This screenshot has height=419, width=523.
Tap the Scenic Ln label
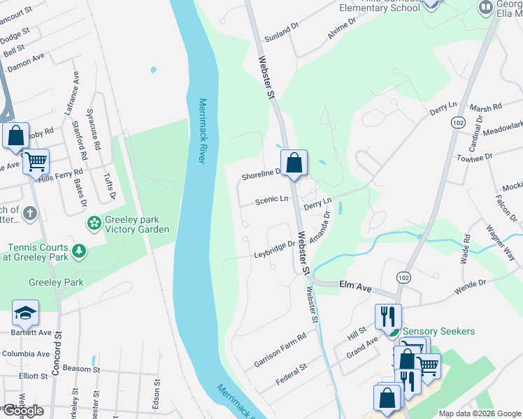(x=272, y=200)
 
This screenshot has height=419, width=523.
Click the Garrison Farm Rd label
(x=280, y=350)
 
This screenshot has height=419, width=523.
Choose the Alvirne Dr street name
(x=341, y=28)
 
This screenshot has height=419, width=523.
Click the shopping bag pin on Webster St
(x=294, y=163)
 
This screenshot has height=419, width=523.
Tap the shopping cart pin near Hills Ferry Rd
(x=36, y=162)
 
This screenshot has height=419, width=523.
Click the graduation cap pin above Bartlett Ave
(x=25, y=313)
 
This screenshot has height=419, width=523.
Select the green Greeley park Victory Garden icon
(x=93, y=223)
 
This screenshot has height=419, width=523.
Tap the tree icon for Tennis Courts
(x=80, y=250)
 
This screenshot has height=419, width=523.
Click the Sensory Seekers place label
(x=439, y=331)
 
